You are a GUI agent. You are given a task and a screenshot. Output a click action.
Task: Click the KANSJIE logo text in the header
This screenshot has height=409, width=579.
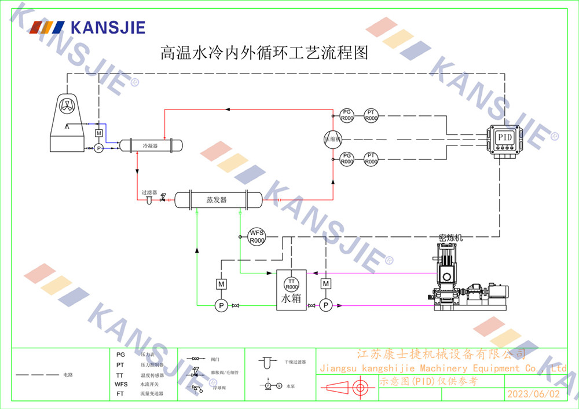coord(107,27)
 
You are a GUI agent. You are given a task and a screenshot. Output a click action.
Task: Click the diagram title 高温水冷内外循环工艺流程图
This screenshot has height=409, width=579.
coord(264,54)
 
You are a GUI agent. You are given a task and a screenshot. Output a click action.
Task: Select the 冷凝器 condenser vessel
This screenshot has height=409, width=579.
coord(151,145)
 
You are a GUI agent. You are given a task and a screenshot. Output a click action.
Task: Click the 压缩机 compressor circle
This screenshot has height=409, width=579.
coord(333,139)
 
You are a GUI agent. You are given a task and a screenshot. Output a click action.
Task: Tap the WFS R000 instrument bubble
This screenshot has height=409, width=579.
coord(256,236)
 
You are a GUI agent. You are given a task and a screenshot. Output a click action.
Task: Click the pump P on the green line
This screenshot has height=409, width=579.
coord(220,305)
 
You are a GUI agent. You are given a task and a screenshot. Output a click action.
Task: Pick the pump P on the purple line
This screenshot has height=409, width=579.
coord(326,305)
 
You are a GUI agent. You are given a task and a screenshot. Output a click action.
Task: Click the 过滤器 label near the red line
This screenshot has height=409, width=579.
coord(149,192)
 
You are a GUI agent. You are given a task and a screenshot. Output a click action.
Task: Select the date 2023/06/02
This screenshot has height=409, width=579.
coord(533,394)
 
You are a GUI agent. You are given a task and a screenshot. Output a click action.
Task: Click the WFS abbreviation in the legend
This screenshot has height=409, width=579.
coord(121,384)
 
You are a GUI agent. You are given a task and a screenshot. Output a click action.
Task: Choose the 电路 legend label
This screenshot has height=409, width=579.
coord(68,375)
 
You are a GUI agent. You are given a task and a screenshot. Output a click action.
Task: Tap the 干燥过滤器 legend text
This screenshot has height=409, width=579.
coord(295,361)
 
